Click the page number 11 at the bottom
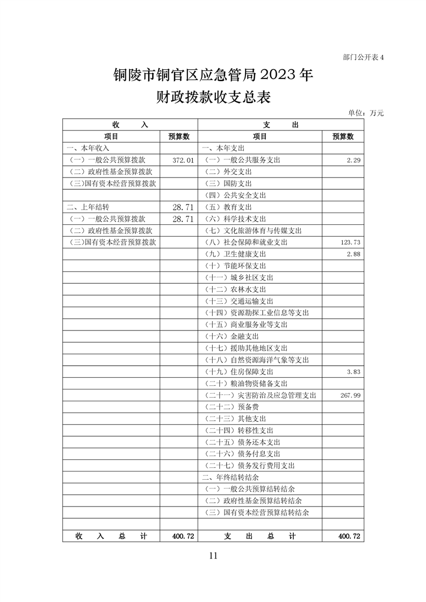pyautogui.click(x=213, y=555)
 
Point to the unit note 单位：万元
pyautogui.click(x=366, y=113)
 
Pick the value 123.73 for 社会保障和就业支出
pyautogui.click(x=350, y=243)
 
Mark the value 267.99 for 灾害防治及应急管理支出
pyautogui.click(x=350, y=395)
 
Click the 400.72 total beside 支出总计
pyautogui.click(x=349, y=536)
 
